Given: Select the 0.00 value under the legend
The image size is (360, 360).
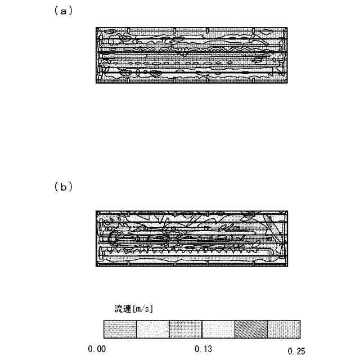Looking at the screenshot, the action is tap(97, 350).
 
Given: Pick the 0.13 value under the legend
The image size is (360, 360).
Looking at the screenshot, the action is tap(203, 350).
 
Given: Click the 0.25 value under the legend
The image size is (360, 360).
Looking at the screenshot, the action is tap(296, 351).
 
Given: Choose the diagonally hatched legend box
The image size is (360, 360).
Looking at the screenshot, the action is tap(251, 328).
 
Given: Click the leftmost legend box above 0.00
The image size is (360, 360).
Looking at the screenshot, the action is tap(120, 328).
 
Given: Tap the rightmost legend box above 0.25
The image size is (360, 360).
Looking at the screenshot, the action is tap(283, 328).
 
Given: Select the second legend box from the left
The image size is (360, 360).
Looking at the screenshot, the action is tap(153, 328).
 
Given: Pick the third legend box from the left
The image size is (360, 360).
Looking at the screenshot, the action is tap(186, 328).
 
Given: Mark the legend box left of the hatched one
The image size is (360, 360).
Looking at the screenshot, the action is tap(218, 328).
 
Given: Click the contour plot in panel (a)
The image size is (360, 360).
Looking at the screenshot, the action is tap(192, 55).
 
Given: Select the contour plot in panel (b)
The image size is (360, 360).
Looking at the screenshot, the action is tap(192, 238).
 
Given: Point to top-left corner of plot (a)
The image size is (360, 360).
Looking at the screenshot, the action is tap(96, 28).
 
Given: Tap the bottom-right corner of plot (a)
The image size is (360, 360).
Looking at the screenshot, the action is tap(288, 83).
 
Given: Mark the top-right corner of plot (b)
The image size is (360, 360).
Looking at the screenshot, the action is tap(288, 210).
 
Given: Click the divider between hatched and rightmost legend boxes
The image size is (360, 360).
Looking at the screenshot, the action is tap(267, 328).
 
